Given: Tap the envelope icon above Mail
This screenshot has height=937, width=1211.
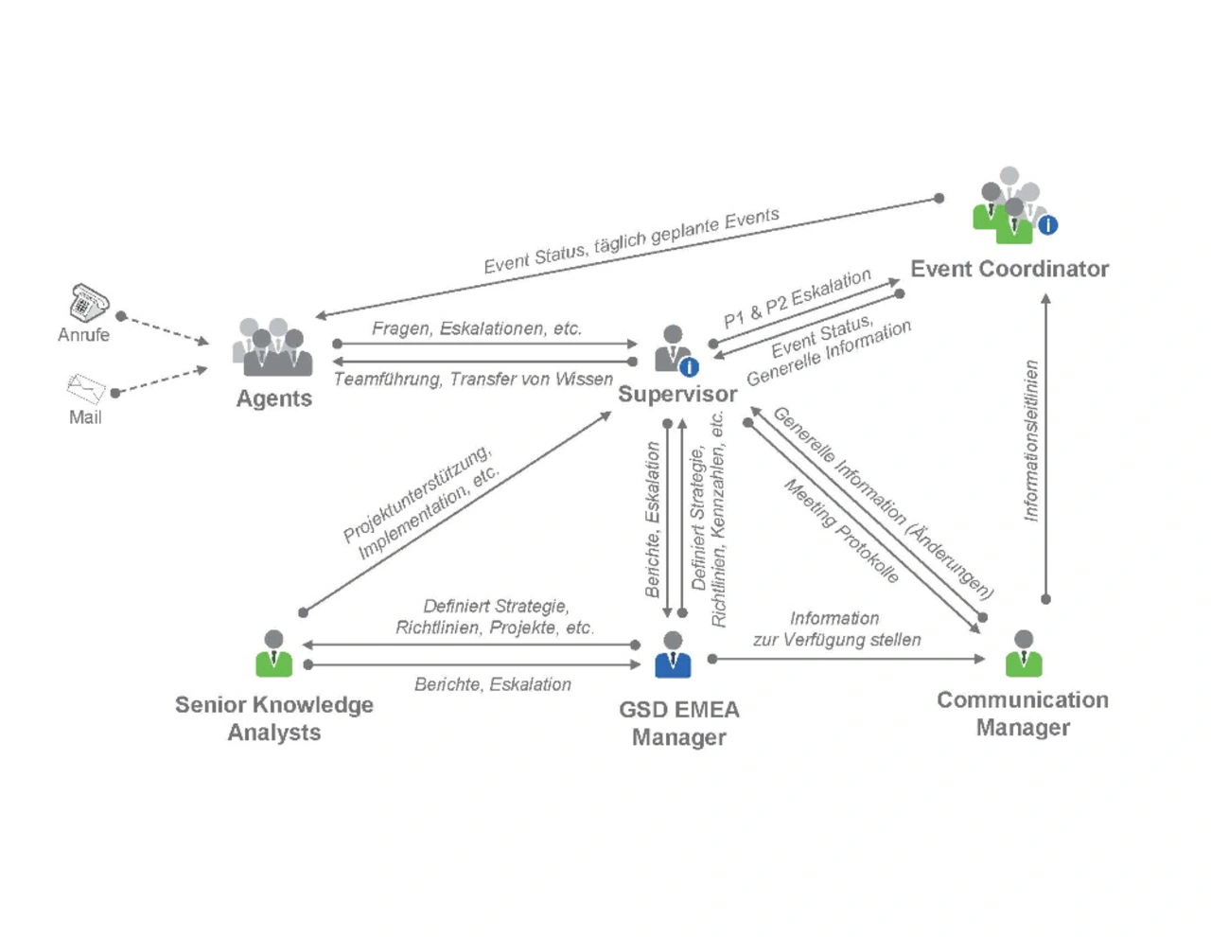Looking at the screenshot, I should coord(86,387).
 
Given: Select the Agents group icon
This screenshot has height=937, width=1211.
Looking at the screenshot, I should coord(272,348).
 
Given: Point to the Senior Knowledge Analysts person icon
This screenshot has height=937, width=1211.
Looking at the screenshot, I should coord(273,654).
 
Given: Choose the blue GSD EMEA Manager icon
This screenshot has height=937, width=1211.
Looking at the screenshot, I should coord(673,655).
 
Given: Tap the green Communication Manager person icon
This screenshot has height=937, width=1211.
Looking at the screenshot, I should coord(1024,654).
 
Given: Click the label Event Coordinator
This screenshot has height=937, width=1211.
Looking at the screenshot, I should coord(1009,269).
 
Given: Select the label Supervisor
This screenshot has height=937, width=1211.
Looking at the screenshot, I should coord(677,394).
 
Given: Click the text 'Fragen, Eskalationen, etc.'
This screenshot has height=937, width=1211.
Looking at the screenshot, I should coord(476,328).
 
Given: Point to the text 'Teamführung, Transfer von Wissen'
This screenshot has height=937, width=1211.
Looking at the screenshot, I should coord(473,380).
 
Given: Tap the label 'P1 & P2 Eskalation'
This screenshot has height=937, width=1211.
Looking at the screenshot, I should coord(797,298).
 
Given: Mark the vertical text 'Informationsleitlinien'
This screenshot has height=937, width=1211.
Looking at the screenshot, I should coord(1031,440).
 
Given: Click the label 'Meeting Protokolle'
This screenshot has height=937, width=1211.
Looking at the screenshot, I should coord(841,531).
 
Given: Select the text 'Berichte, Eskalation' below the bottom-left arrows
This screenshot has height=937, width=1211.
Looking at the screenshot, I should coord(492,684).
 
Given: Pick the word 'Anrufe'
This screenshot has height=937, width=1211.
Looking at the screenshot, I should coord(83,335).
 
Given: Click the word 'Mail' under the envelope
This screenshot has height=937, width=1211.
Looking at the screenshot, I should coord(85,417).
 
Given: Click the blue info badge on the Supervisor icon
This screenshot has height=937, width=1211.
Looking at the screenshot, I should coord(690,367).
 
